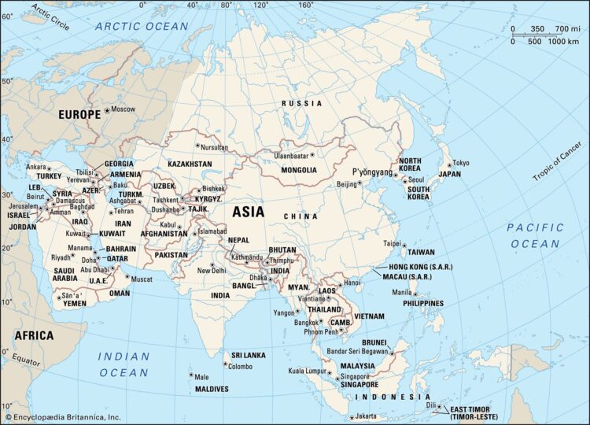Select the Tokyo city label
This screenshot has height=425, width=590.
[x=461, y=163]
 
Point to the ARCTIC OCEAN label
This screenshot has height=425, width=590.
[x=142, y=26]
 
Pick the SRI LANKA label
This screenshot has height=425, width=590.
[x=249, y=356]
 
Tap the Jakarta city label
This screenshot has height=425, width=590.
[x=366, y=416]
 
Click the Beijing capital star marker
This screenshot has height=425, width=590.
[x=361, y=184]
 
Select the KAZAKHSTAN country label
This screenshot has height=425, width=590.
[x=190, y=164]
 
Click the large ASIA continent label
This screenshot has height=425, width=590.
[x=248, y=212]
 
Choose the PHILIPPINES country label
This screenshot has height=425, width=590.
[x=422, y=303]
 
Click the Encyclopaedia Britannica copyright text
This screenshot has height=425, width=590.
[x=63, y=417]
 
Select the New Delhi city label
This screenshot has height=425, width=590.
[x=212, y=270]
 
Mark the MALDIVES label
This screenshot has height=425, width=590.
[x=212, y=389]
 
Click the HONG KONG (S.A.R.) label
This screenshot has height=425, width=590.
[x=422, y=268]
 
